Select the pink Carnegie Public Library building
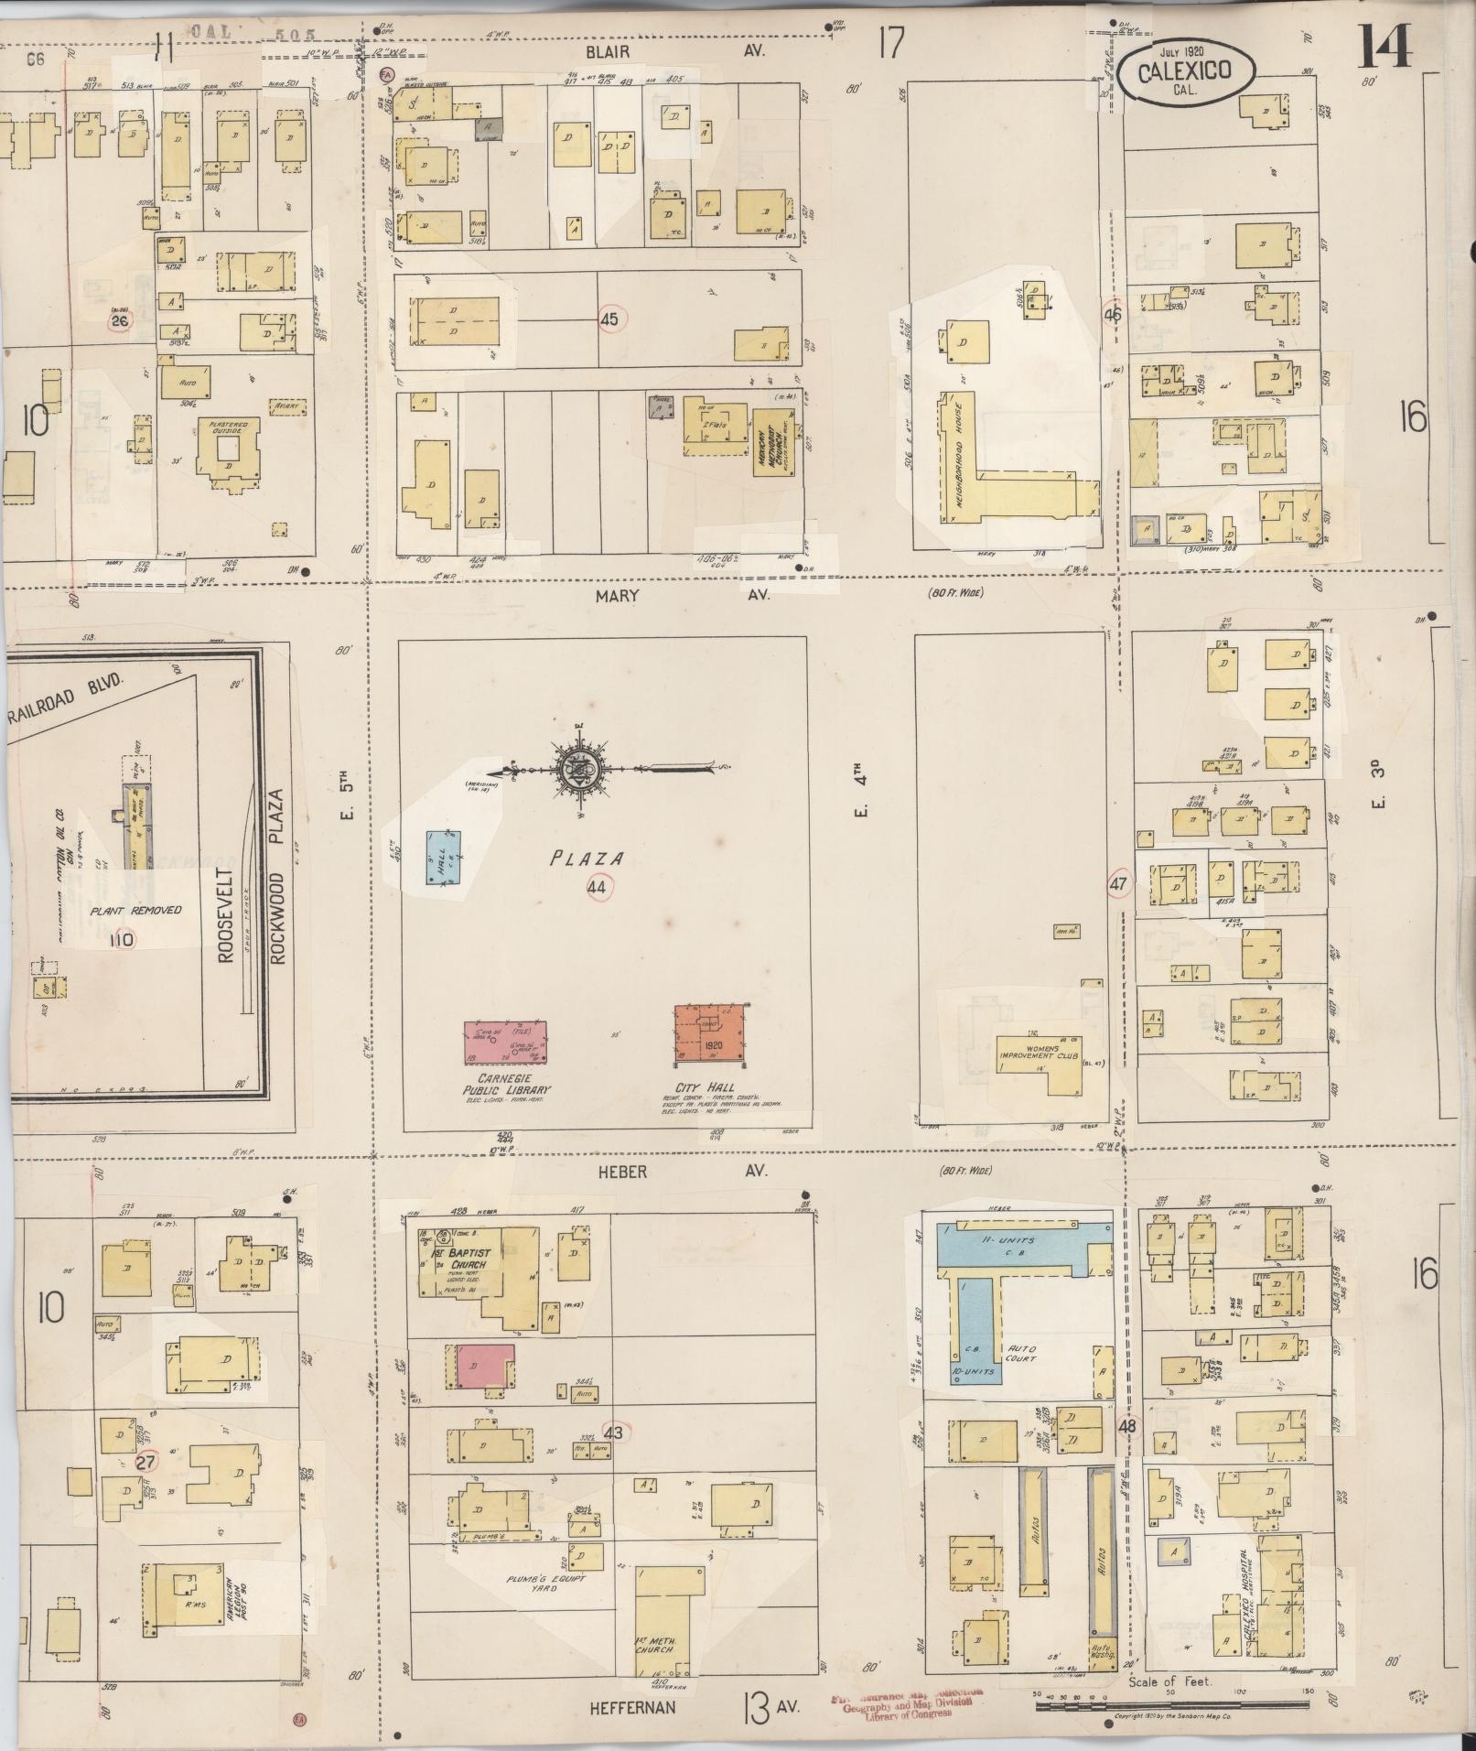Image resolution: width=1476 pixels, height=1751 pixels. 502,1042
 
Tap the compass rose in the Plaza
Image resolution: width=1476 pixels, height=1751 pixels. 577,767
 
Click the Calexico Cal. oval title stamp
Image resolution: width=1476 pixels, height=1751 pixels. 1185,72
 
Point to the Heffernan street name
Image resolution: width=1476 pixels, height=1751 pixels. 632,1706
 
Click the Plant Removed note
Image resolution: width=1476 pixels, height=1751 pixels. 136,910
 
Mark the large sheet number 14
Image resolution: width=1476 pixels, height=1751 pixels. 1384,46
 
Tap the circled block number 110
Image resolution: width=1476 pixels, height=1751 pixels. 120,938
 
